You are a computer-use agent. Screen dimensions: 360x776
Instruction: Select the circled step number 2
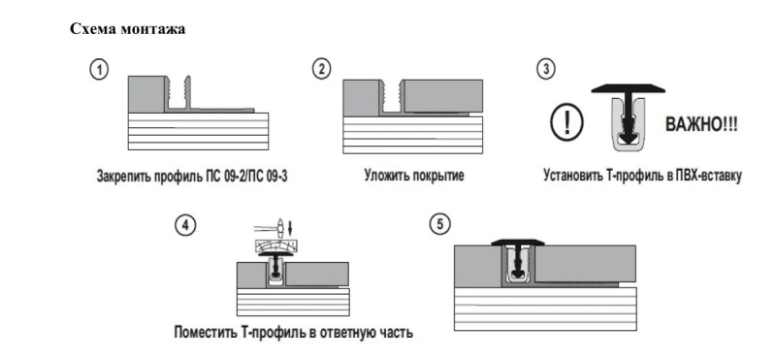pyautogui.click(x=322, y=70)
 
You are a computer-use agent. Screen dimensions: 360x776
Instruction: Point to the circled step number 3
pyautogui.click(x=547, y=70)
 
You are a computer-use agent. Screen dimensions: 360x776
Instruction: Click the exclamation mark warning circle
pyautogui.click(x=562, y=124)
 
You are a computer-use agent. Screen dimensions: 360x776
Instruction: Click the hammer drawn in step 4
pyautogui.click(x=277, y=230)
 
